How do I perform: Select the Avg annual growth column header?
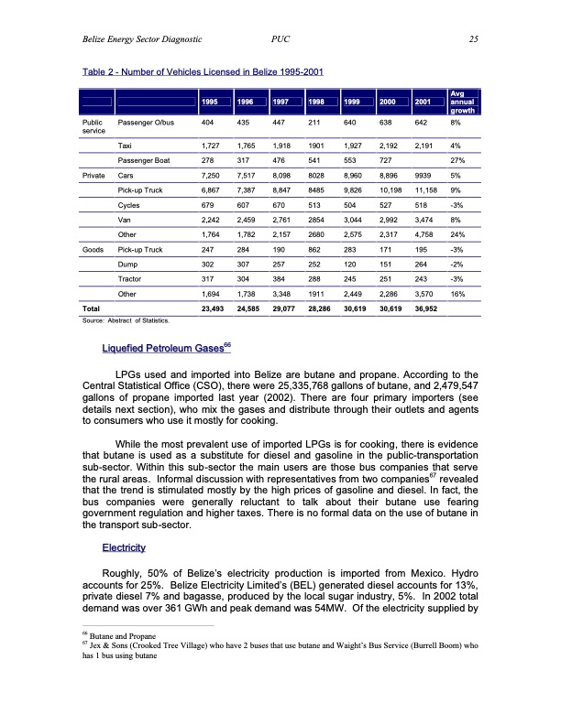pyautogui.click(x=452, y=102)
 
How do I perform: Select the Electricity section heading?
pyautogui.click(x=129, y=547)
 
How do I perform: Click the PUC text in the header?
pyautogui.click(x=282, y=38)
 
